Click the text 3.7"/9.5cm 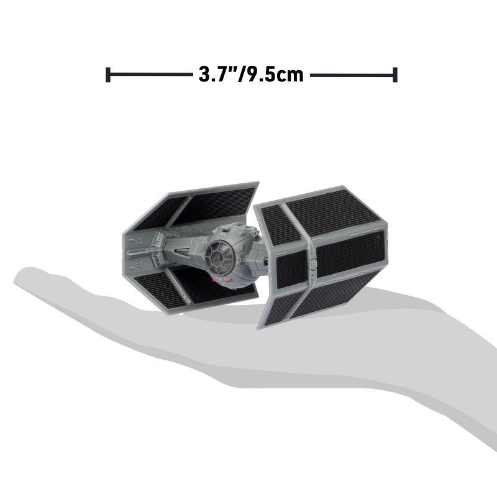tap(251, 75)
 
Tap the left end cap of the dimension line tap(108, 75)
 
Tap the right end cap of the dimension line tap(395, 75)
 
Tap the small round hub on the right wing tap(314, 265)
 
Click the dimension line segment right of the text tap(351, 75)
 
